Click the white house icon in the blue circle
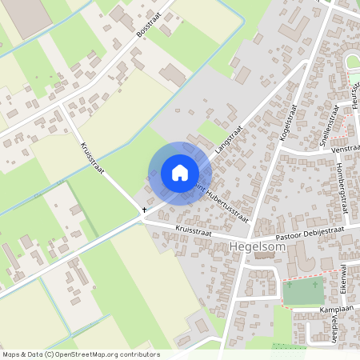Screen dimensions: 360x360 [180, 173]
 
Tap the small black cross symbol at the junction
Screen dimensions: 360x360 [144, 210]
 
